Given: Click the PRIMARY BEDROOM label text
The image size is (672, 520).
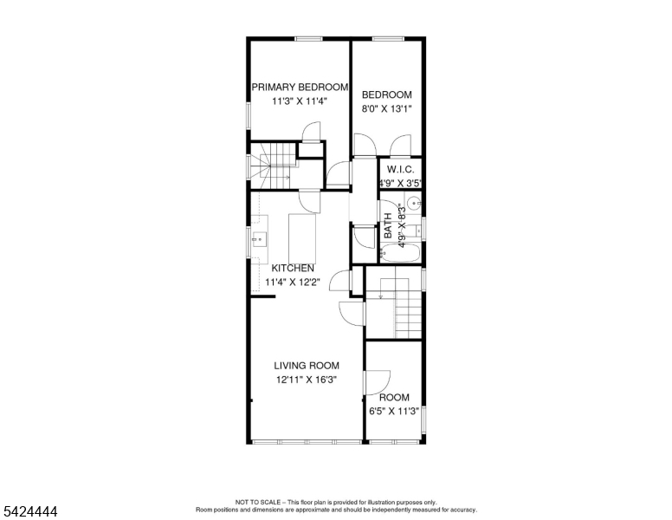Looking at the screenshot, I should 300,88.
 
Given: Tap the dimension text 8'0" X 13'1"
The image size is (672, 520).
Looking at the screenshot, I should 386,109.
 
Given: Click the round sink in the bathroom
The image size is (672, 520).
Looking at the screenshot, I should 413,205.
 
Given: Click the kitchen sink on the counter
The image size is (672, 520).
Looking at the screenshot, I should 257,237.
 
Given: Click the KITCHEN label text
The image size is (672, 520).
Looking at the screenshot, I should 293,269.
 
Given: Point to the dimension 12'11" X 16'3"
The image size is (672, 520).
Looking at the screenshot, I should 307,380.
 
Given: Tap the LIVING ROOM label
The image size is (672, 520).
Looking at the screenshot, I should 307,366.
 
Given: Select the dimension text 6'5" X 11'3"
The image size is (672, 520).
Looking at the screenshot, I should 393,411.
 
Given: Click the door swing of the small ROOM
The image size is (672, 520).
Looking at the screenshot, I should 379,383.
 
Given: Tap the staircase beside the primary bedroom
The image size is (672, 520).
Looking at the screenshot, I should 272,165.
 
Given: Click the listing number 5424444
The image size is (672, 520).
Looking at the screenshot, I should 29,512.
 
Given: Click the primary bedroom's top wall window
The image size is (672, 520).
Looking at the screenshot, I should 308,38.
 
